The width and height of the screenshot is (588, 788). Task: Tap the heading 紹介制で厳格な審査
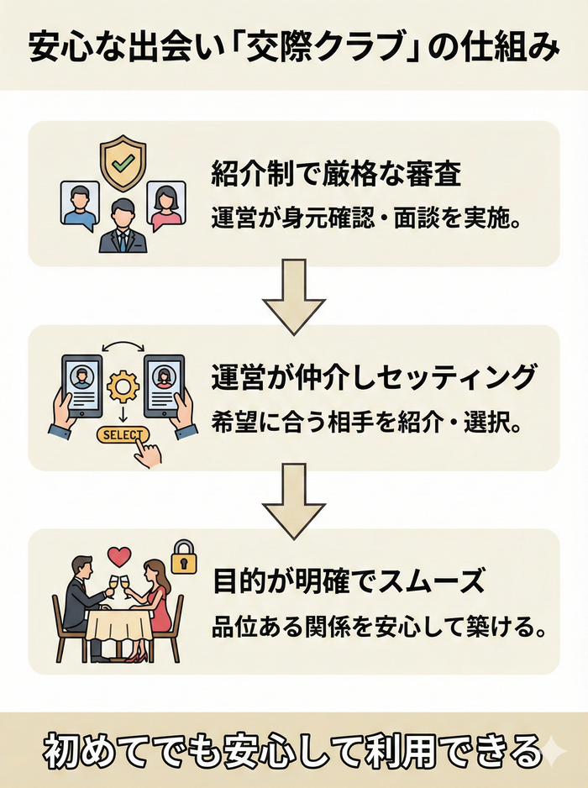click(336, 178)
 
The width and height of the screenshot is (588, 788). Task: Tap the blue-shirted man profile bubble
click(81, 207)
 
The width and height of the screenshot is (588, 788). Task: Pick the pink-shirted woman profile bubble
click(165, 207)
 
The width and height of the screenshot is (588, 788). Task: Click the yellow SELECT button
click(122, 435)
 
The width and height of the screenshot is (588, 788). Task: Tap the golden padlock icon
click(182, 555)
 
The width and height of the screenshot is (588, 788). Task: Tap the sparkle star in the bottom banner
click(553, 754)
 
